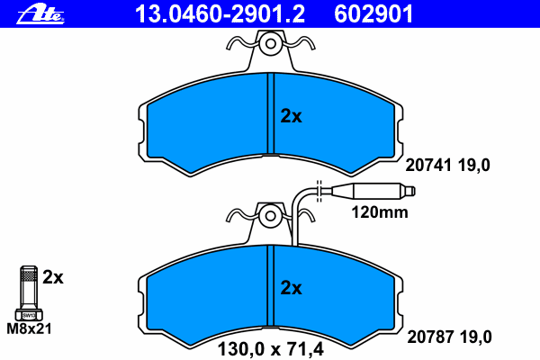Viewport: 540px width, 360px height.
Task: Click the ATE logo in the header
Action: click(40, 15)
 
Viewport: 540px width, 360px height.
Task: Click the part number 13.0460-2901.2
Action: click(220, 14)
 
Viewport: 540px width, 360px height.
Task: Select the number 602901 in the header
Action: click(373, 14)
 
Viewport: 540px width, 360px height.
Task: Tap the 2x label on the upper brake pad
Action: click(291, 116)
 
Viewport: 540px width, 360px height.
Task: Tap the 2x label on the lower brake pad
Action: click(291, 288)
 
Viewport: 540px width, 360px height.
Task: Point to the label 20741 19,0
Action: click(447, 166)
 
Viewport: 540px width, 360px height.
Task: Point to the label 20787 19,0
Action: click(449, 337)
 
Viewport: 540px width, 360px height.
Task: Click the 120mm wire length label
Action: click(380, 212)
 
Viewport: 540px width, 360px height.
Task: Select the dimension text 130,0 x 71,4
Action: click(271, 349)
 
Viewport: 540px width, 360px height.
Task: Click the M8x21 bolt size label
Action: click(30, 328)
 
